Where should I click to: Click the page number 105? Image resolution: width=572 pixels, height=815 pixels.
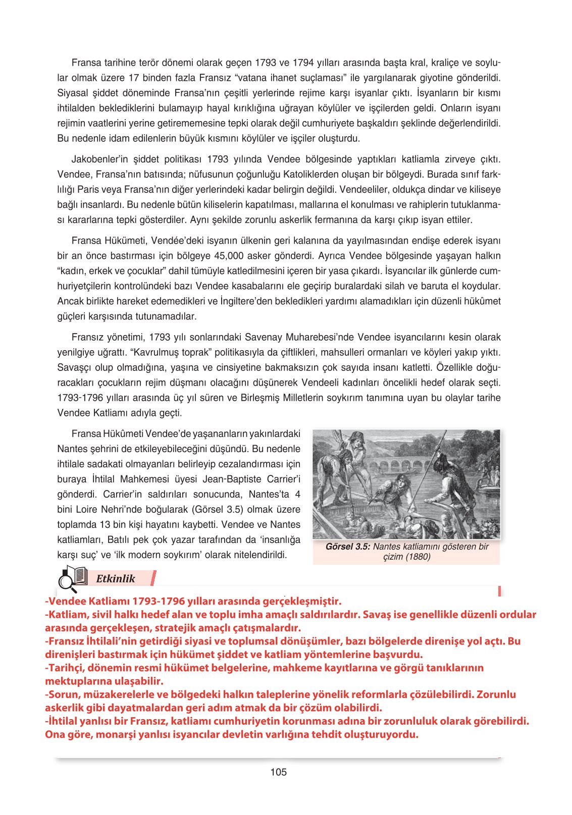coord(278,772)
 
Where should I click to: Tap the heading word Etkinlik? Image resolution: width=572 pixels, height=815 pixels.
coord(116,579)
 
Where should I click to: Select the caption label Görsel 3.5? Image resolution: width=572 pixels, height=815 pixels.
coord(348,547)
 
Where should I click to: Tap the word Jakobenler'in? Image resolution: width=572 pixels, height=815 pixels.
coord(99,159)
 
